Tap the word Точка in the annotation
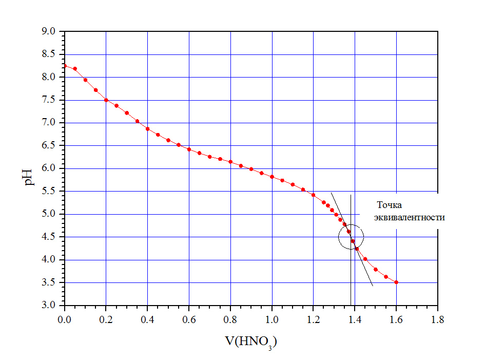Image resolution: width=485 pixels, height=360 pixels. coord(388,204)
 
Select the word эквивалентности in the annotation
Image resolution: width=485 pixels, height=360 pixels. coord(409,217)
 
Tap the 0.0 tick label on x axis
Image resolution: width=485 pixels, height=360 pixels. coord(65,319)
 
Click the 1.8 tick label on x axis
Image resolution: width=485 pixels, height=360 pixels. coord(437,319)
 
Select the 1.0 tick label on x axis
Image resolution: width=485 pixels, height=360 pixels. coord(271,319)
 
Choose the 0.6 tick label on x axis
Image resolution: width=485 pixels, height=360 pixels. coord(189,319)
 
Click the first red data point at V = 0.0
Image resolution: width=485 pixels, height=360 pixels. coord(65,66)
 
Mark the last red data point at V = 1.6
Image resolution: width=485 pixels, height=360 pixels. coord(396,282)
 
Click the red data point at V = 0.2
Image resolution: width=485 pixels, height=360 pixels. coord(106,100)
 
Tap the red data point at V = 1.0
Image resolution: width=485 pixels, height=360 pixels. coord(272,177)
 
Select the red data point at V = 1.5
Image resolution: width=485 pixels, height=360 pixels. coord(376,269)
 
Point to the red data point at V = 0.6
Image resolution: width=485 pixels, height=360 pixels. coord(189,149)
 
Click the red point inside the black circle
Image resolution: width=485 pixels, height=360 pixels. coord(353,241)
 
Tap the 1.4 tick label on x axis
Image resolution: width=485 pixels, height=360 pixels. coord(355,319)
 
